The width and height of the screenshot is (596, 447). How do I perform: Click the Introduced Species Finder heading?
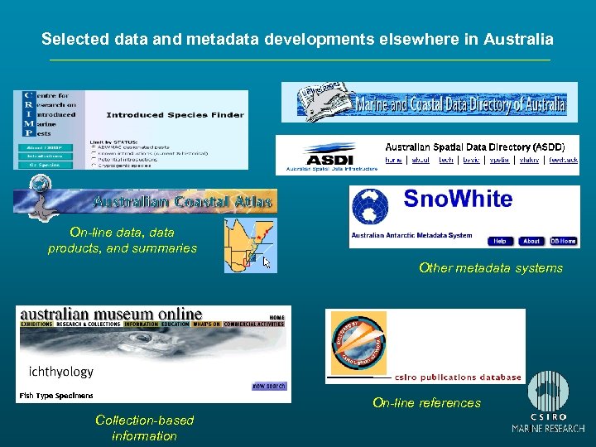(x=175, y=115)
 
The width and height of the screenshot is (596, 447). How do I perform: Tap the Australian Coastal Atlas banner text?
(x=183, y=201)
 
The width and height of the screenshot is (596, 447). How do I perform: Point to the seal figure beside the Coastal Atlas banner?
(x=35, y=199)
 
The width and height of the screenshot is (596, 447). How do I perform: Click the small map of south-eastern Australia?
(x=250, y=244)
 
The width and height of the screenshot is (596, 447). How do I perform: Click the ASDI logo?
(x=329, y=156)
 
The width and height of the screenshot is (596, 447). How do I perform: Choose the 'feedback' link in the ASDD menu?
(x=563, y=160)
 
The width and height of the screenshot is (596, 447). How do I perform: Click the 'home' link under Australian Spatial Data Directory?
(x=394, y=160)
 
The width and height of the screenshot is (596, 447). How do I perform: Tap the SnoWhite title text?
(x=458, y=199)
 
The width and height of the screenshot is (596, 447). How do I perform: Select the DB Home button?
(x=562, y=241)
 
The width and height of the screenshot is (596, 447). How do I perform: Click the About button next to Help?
(x=531, y=241)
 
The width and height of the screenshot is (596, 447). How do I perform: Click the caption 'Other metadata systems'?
(x=491, y=267)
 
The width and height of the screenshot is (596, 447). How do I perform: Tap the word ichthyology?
(x=61, y=371)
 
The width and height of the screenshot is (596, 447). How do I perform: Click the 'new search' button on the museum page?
(x=270, y=386)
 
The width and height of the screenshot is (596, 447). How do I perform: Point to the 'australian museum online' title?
(x=111, y=314)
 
